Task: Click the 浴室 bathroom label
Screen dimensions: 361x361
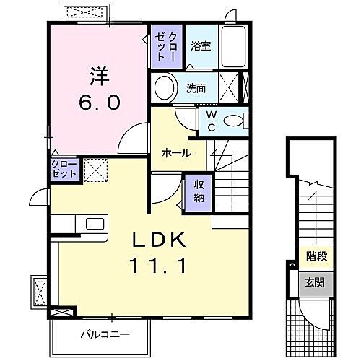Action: click(x=200, y=46)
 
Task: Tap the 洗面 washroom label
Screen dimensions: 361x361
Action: click(x=196, y=89)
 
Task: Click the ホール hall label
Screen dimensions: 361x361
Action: click(x=177, y=153)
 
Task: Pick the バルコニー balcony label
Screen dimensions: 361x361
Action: click(x=101, y=334)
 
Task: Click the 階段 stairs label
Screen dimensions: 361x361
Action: click(x=316, y=255)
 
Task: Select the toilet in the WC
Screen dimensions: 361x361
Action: click(x=235, y=121)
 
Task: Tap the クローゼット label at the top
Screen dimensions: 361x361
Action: click(x=167, y=45)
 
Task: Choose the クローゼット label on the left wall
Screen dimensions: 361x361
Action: click(x=63, y=170)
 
